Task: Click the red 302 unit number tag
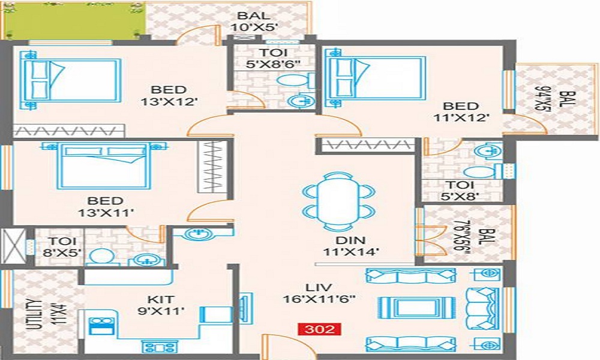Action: click(320, 329)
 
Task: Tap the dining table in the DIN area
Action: click(338, 202)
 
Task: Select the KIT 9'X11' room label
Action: click(161, 305)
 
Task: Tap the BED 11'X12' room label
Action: click(461, 112)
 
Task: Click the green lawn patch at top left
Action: click(73, 19)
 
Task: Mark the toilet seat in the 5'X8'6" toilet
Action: click(295, 81)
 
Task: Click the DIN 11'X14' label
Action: click(351, 246)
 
